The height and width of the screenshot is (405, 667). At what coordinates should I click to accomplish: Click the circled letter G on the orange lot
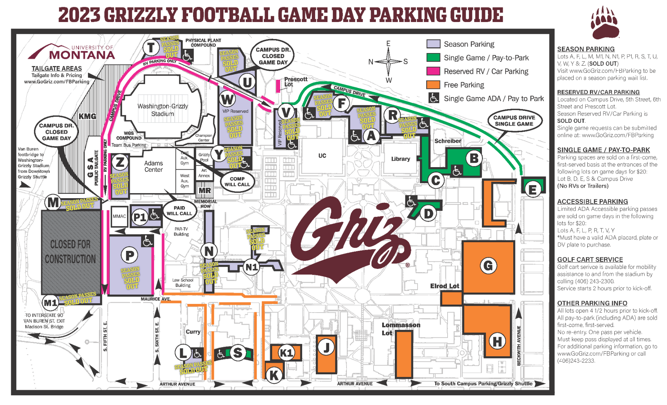(488, 266)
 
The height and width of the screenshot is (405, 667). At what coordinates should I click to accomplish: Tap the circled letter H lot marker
(497, 341)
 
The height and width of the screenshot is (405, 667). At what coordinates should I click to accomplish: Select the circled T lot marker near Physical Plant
(151, 47)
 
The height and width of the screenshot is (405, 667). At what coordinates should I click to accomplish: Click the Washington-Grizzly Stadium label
(162, 110)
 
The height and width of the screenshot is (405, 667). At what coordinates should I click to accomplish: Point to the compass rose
(388, 62)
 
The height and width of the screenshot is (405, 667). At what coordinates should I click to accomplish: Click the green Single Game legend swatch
(433, 58)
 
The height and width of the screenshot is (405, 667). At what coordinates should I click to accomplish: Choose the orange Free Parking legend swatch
(433, 85)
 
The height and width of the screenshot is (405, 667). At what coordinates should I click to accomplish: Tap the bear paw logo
(605, 22)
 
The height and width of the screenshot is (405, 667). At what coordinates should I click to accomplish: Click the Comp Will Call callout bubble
(237, 181)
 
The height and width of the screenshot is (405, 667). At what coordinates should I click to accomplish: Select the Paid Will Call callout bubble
(179, 210)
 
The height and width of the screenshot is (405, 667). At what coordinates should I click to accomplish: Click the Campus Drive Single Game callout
(514, 121)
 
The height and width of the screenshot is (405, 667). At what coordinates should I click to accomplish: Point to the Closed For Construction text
(70, 252)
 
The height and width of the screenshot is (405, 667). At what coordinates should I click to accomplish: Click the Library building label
(400, 159)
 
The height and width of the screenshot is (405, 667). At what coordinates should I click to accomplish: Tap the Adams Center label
(153, 166)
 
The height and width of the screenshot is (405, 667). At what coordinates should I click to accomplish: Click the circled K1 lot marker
(286, 353)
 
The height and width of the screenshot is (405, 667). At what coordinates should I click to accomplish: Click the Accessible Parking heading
(592, 201)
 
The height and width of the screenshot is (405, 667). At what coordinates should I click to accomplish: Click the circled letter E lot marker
(532, 189)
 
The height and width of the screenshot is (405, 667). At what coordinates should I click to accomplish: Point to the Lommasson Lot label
(401, 328)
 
